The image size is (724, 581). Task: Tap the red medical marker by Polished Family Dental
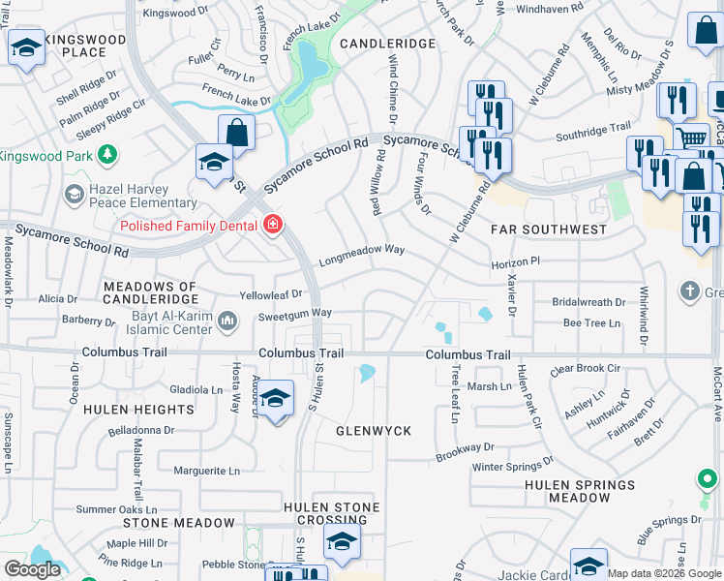(x=274, y=226)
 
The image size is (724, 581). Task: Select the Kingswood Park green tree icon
(x=108, y=155)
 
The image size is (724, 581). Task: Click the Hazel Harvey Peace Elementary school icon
(x=74, y=196)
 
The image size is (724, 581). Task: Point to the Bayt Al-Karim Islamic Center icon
(x=227, y=321)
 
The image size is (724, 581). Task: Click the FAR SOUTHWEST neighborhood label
(x=548, y=229)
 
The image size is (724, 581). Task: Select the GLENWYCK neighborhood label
(x=374, y=430)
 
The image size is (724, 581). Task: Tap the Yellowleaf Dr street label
(x=271, y=293)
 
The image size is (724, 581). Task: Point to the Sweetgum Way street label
(x=295, y=314)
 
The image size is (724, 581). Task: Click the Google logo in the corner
(x=32, y=570)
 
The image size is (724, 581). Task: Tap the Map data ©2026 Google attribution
(x=665, y=573)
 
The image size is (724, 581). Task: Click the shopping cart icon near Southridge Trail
(x=690, y=139)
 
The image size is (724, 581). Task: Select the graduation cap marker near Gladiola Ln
(x=276, y=398)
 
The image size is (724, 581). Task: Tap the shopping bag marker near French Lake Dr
(x=236, y=131)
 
